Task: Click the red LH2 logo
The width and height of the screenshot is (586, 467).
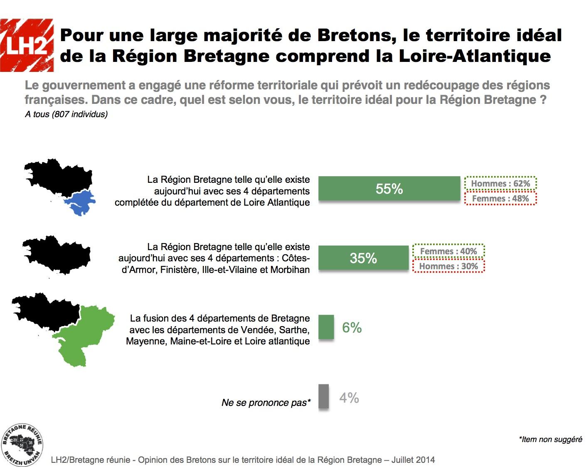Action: [x=27, y=45]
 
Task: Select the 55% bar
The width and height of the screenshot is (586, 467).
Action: [x=389, y=189]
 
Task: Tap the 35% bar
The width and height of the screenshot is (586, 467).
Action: [x=364, y=258]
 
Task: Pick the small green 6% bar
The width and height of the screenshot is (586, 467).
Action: [x=326, y=327]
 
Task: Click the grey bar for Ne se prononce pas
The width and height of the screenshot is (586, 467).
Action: [x=324, y=397]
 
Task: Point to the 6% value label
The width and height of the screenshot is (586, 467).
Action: [x=352, y=328]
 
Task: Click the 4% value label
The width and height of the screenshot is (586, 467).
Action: [x=349, y=398]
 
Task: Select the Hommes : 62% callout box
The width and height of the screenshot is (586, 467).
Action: [x=500, y=184]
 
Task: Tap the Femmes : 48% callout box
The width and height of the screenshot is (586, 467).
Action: [x=500, y=199]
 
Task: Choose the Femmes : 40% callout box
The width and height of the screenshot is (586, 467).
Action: [x=448, y=251]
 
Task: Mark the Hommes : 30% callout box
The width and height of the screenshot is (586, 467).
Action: [x=448, y=266]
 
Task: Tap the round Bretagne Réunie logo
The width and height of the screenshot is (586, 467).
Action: [x=22, y=445]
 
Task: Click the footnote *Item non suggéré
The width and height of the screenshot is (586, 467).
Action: [x=550, y=439]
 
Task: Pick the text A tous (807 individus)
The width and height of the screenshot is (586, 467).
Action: [x=66, y=114]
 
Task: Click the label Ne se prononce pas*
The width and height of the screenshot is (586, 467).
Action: [x=266, y=403]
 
